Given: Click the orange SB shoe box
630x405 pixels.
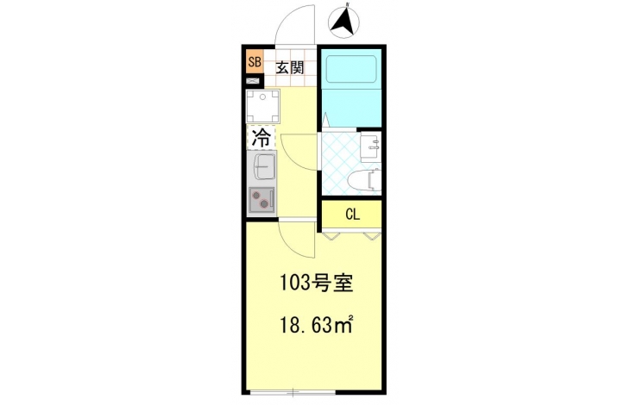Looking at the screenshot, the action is (x=255, y=62).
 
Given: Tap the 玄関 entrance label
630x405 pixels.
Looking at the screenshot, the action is (x=289, y=68).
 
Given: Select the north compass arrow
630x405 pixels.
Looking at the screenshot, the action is (x=343, y=22).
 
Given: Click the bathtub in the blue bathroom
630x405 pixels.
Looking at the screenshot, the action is (x=351, y=69).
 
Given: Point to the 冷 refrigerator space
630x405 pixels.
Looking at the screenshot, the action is (x=261, y=138).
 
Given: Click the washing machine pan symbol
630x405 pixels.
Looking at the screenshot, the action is (x=262, y=106).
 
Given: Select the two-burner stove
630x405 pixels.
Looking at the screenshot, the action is (x=261, y=200).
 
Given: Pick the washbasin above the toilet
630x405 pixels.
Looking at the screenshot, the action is (x=370, y=146).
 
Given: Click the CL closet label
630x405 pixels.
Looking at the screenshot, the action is (x=352, y=215).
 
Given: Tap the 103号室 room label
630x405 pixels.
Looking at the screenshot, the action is (x=316, y=283).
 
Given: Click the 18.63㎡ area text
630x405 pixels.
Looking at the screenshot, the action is (x=316, y=324).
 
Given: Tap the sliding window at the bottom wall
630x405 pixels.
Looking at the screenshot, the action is (x=293, y=393).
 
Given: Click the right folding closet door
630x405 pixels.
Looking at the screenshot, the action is (x=372, y=234).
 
